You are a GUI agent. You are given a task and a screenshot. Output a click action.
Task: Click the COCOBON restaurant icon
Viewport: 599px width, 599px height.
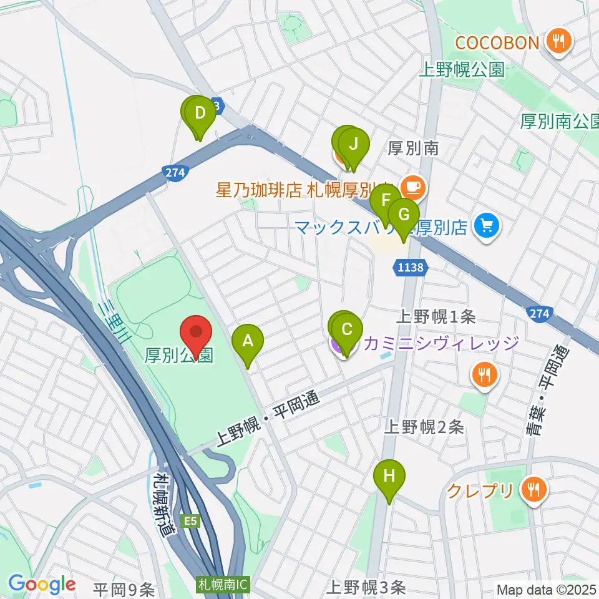[x=555, y=42]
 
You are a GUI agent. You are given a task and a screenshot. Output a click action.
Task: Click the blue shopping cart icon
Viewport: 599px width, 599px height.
[x=487, y=225]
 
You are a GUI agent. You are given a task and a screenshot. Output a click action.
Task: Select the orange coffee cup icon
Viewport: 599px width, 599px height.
[x=412, y=185]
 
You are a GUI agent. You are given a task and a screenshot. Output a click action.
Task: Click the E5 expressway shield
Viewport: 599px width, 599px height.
[x=190, y=519]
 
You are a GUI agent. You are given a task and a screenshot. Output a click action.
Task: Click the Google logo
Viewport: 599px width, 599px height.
[x=42, y=584]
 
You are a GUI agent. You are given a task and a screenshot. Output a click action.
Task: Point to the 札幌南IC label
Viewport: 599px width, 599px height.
[x=223, y=585]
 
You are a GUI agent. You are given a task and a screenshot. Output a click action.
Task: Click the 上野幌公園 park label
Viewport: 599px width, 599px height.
[x=461, y=69]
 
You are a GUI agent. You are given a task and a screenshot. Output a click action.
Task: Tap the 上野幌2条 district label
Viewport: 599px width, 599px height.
[x=424, y=427]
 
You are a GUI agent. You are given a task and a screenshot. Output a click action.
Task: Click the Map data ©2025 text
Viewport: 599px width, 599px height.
[x=546, y=589]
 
